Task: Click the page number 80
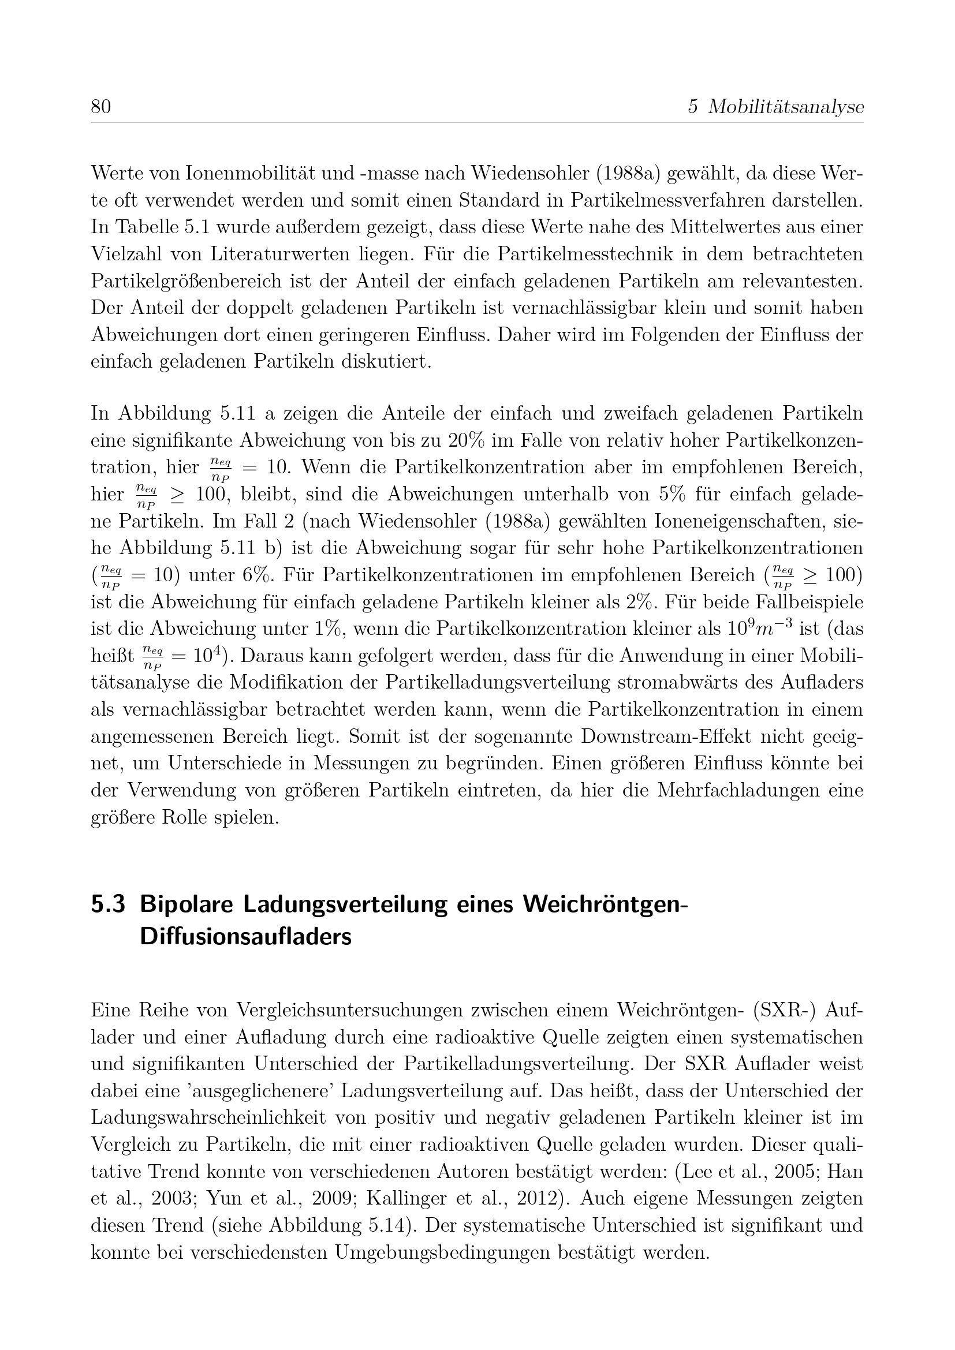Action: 100,107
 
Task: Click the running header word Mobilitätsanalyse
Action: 786,107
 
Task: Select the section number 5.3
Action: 107,903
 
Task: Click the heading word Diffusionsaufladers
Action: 245,937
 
